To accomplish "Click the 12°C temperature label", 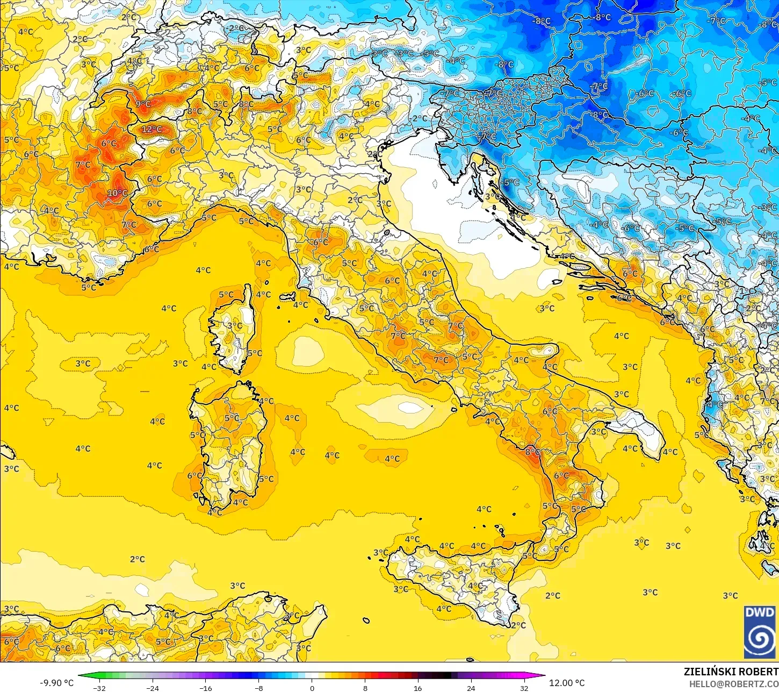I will (x=152, y=129).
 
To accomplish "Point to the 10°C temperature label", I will (x=118, y=193).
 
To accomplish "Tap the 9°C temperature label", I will (x=143, y=104).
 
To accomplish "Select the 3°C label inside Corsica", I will (x=235, y=325).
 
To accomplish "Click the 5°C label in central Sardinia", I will (x=232, y=418).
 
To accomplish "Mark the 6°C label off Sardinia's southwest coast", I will (x=194, y=475).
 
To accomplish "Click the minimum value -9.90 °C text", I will (x=56, y=683).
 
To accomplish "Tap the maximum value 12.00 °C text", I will (x=567, y=683).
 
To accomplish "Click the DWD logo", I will (x=760, y=632).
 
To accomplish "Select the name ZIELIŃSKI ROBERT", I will (x=731, y=672).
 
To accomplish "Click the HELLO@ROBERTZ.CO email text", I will (x=734, y=684).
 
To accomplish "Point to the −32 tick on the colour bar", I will (x=99, y=688).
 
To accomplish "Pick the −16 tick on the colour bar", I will (x=206, y=688).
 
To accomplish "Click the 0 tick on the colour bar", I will (x=312, y=688).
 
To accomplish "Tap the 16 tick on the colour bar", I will (x=417, y=688).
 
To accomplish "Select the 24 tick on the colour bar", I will (x=471, y=688).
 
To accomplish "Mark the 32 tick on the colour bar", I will (x=524, y=688).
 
